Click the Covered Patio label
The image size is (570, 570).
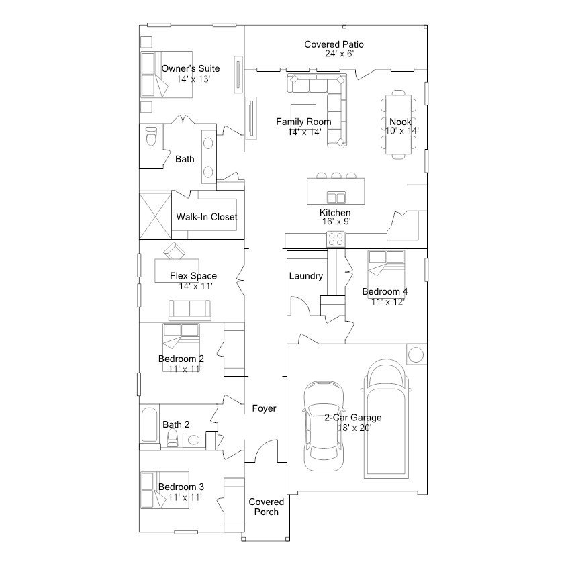tap(334, 44)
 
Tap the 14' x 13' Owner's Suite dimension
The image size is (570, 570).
tap(193, 79)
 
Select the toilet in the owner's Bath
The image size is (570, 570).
tap(151, 136)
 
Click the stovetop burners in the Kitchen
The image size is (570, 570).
tap(336, 239)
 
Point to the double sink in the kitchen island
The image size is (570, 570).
tap(336, 197)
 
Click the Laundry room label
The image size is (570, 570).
tap(305, 276)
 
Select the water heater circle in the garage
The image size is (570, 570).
tap(416, 354)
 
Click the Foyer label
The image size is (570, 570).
tap(264, 408)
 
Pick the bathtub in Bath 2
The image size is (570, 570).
tap(150, 424)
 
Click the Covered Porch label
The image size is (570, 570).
tap(266, 507)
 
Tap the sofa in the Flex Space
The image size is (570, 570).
tap(189, 310)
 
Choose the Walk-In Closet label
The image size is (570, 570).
tap(207, 217)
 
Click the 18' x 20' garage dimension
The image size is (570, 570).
tap(354, 428)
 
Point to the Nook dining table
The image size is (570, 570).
tap(399, 124)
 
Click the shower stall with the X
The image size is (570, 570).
tap(155, 216)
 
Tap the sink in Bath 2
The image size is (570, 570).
tap(193, 440)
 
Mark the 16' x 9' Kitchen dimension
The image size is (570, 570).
tap(336, 222)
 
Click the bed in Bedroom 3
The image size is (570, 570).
tap(165, 489)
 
